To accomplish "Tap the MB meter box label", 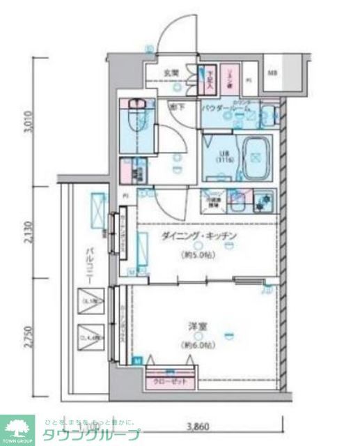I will [273, 72].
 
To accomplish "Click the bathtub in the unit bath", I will [254, 155].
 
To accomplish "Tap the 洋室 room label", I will [198, 326].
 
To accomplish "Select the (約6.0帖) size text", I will [198, 344].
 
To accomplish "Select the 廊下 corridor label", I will [178, 107].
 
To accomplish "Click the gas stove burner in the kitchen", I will [263, 200].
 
